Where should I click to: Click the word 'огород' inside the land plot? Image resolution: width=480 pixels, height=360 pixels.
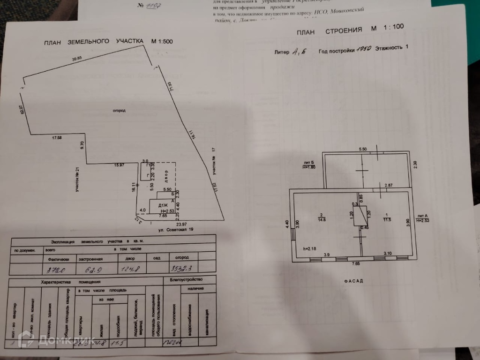[119, 110]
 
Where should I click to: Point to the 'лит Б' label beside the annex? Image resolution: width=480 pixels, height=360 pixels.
[307, 163]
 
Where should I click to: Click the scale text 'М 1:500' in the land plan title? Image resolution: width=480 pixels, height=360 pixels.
[162, 41]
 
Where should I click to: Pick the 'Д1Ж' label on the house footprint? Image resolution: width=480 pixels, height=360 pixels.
[163, 205]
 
